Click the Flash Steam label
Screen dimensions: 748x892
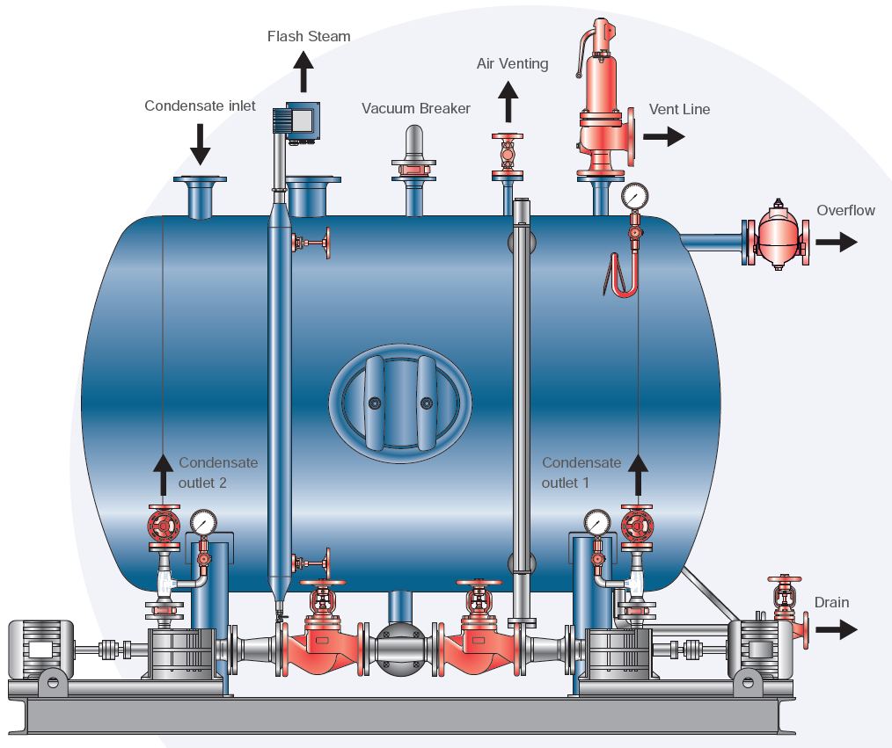point(309,37)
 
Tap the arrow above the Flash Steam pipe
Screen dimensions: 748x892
point(304,70)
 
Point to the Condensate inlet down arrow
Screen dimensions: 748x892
point(201,144)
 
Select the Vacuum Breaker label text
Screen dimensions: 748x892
point(416,109)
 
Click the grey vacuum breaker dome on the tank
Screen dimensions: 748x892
point(414,143)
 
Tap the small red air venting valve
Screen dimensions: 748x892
point(507,154)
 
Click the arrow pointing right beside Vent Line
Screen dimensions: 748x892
point(663,136)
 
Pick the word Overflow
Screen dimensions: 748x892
point(845,211)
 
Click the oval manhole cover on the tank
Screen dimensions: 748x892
point(400,403)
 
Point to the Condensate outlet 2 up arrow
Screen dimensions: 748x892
point(164,475)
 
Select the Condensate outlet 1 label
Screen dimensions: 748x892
point(581,473)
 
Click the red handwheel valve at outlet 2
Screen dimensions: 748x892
point(165,527)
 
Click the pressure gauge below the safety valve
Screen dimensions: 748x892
point(633,195)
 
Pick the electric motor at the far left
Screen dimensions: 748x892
point(40,649)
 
